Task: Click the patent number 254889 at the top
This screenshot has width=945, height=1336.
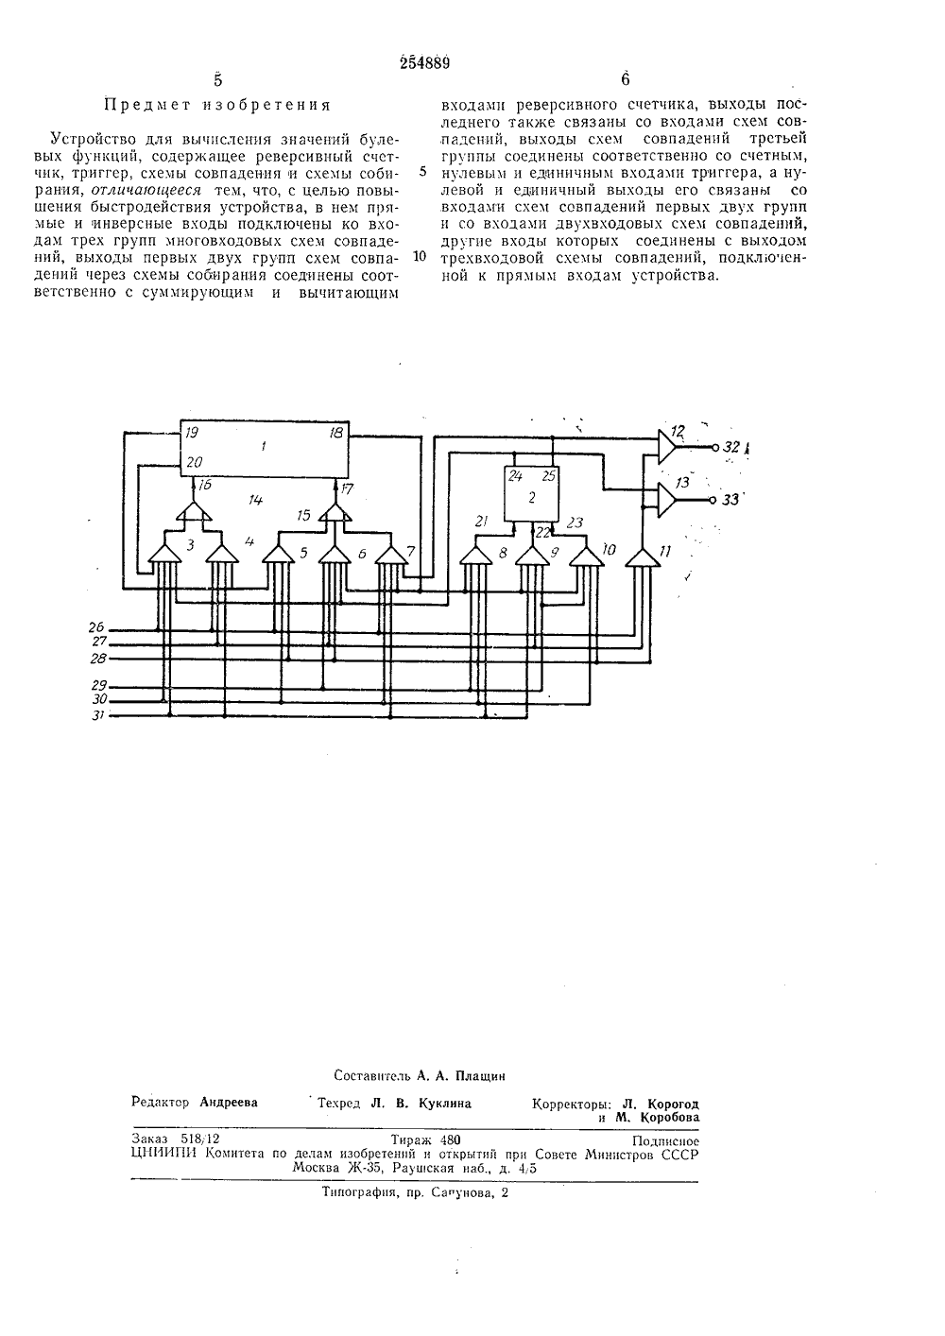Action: [424, 62]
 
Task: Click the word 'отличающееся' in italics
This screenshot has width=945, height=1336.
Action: [146, 190]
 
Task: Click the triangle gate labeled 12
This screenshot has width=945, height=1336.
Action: [666, 447]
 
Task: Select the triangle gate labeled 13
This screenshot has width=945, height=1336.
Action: [666, 500]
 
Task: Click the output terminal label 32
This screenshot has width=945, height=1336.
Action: [731, 447]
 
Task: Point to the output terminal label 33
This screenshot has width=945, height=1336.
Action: [730, 500]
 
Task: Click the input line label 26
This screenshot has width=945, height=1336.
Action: [96, 626]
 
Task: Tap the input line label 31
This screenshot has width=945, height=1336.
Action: [98, 715]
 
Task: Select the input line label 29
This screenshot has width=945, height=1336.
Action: [98, 686]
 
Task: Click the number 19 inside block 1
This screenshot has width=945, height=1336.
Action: [192, 433]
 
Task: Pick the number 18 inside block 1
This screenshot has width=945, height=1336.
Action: [335, 433]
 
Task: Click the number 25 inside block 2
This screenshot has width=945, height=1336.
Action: [549, 476]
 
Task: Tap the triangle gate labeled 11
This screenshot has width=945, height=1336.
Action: [643, 558]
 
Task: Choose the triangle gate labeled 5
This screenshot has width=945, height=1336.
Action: [278, 555]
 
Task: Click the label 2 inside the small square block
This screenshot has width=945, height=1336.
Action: [532, 497]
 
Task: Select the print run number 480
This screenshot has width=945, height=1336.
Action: [448, 1139]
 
